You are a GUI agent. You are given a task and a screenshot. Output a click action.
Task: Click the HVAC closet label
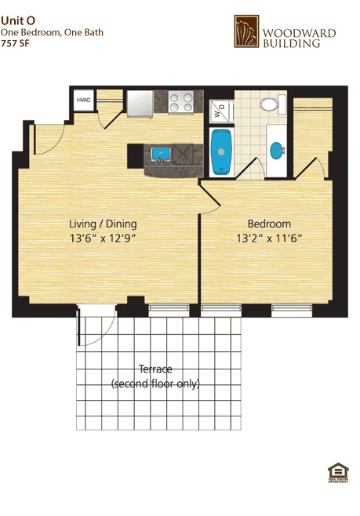pos(83,100)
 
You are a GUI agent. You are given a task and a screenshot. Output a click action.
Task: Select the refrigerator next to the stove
pos(140,104)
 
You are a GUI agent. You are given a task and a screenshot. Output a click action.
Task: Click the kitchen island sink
pos(162,152)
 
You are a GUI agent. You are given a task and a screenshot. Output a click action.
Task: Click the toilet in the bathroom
pos(269,104)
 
